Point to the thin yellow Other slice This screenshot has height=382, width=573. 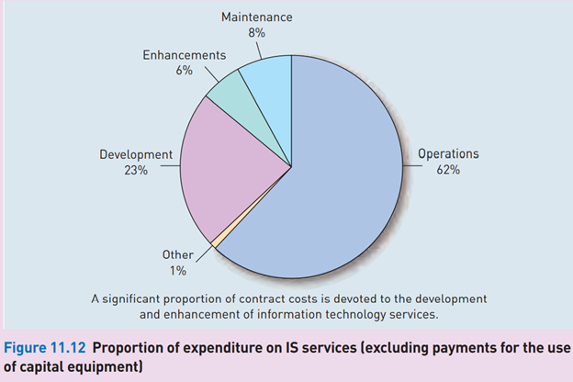pyautogui.click(x=215, y=242)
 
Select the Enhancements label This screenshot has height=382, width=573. pyautogui.click(x=184, y=56)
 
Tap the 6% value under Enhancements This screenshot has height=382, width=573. pyautogui.click(x=184, y=71)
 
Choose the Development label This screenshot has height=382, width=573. pyautogui.click(x=136, y=154)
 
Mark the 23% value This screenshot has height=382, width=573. pyautogui.click(x=136, y=170)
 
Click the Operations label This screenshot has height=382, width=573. pyautogui.click(x=448, y=154)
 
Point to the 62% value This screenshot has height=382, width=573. pyautogui.click(x=448, y=170)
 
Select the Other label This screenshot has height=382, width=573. pyautogui.click(x=177, y=255)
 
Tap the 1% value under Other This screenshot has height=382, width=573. pyautogui.click(x=177, y=270)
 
